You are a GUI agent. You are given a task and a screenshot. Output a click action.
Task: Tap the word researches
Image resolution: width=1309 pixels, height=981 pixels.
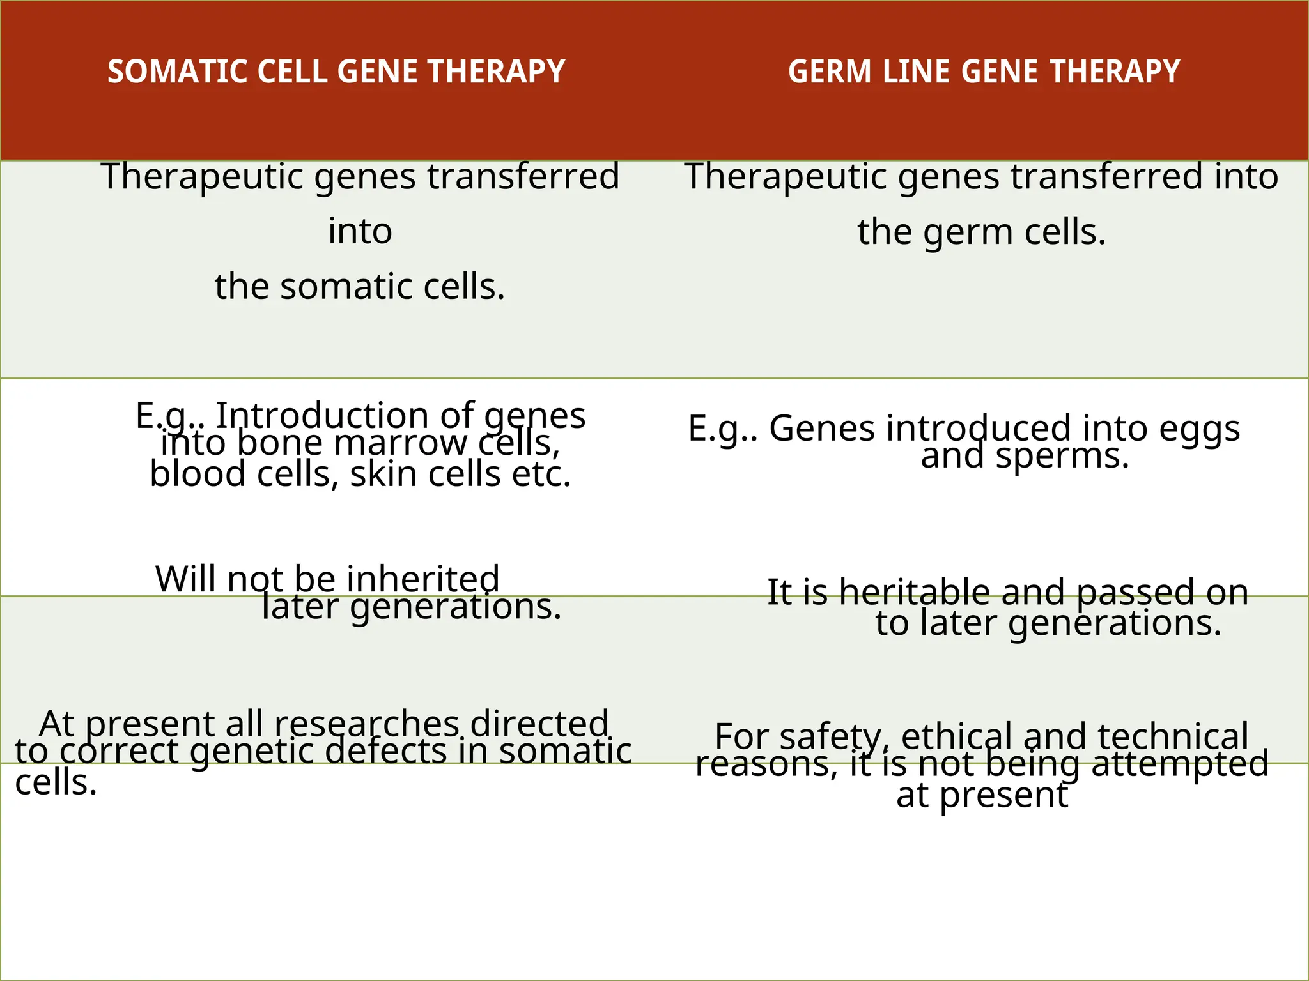[367, 724]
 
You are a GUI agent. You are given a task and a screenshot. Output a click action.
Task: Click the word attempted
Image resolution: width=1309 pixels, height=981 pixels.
[1179, 763]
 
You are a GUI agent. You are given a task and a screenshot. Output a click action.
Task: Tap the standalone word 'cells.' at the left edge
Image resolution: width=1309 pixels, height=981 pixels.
[56, 782]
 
